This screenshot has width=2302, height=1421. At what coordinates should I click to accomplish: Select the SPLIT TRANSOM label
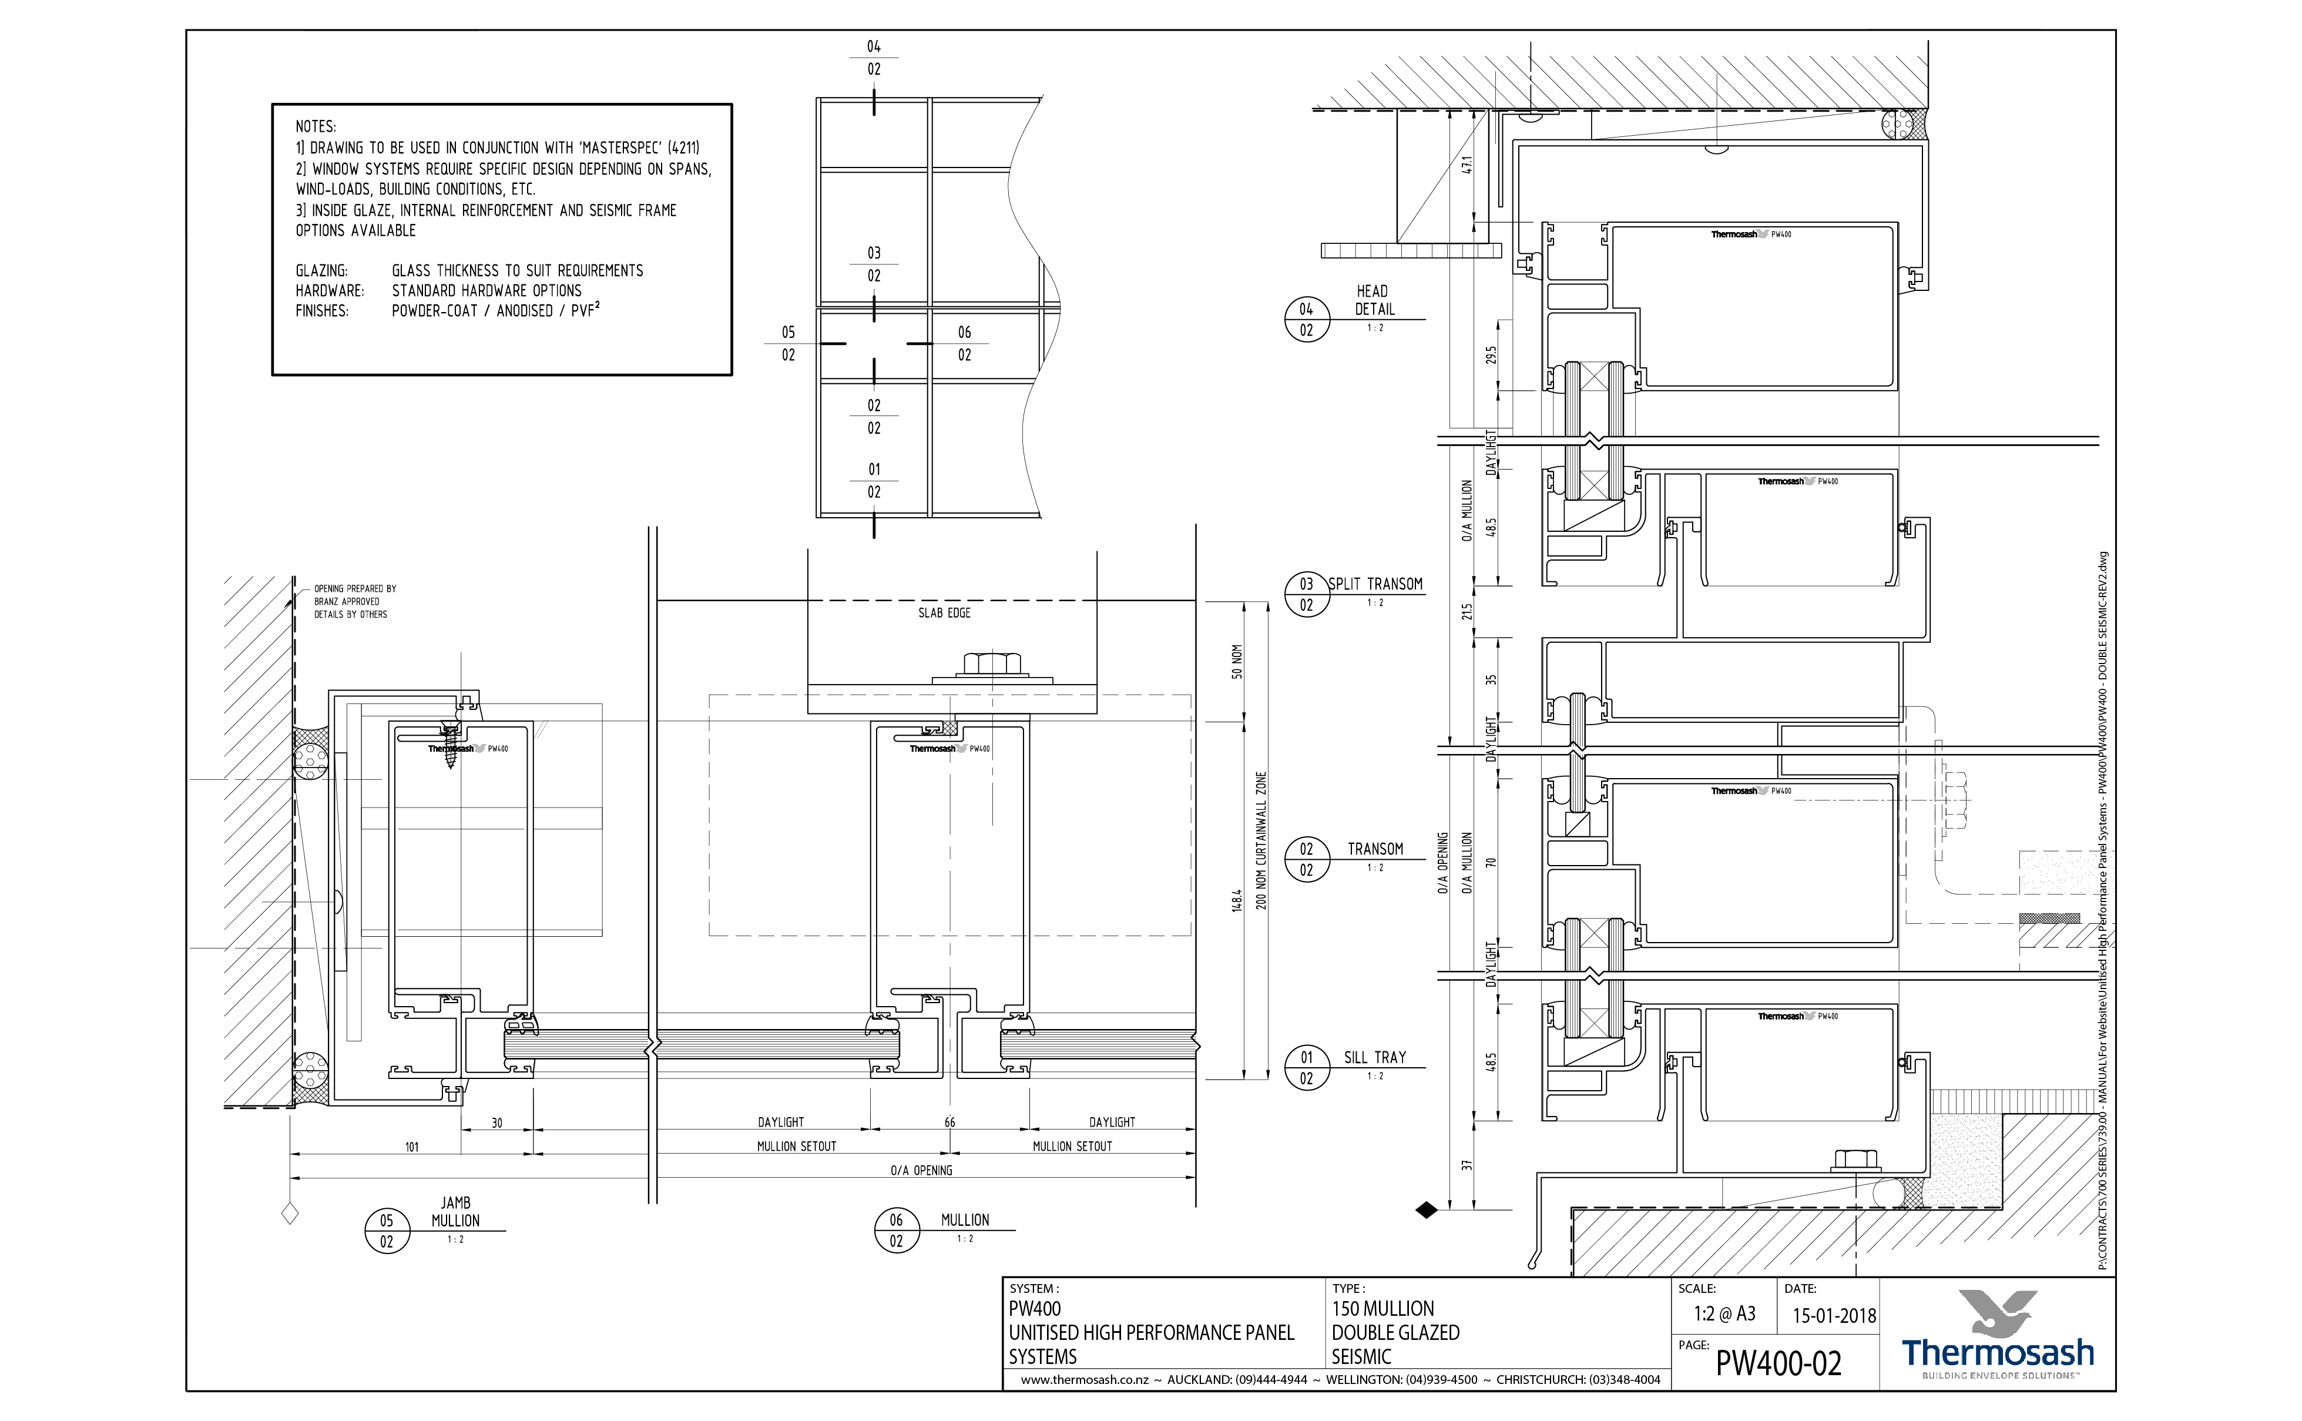pyautogui.click(x=1375, y=584)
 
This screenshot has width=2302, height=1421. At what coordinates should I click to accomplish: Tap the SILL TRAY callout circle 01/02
pyautogui.click(x=1306, y=1068)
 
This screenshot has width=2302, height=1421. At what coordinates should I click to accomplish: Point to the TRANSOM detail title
pyautogui.click(x=1375, y=849)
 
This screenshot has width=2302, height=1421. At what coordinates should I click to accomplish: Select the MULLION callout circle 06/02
pyautogui.click(x=895, y=1230)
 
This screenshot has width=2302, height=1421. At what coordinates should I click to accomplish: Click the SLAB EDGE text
pyautogui.click(x=944, y=613)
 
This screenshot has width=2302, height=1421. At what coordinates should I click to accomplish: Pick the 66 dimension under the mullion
pyautogui.click(x=950, y=1122)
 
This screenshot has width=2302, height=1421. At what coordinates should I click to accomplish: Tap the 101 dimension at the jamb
pyautogui.click(x=411, y=1147)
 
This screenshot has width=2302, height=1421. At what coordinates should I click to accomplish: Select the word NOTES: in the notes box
pyautogui.click(x=316, y=126)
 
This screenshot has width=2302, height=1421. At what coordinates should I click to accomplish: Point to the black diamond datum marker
pyautogui.click(x=1427, y=1211)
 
